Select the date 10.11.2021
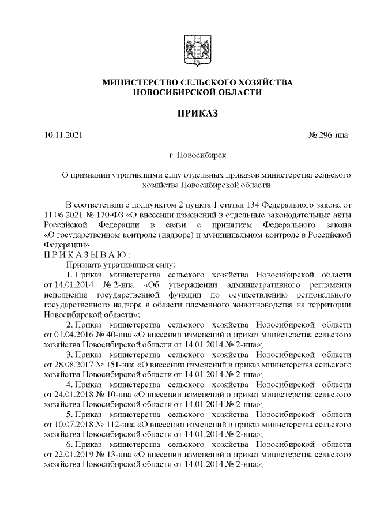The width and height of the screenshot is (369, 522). click(63, 135)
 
